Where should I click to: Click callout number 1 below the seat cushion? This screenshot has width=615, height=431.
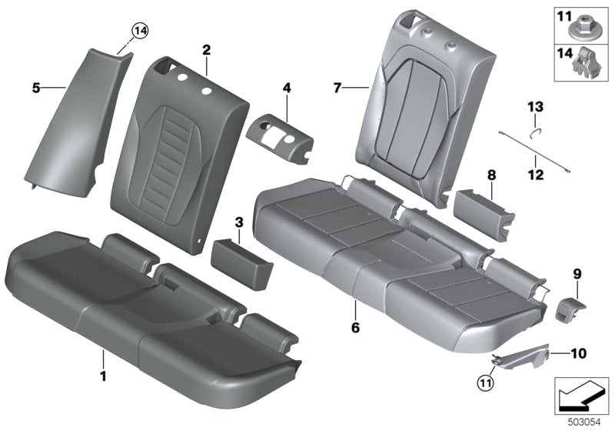pyautogui.click(x=101, y=355)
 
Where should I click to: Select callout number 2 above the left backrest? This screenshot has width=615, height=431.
pyautogui.click(x=206, y=49)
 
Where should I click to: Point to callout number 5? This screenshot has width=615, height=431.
pyautogui.click(x=35, y=89)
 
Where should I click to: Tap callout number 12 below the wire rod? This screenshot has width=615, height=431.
pyautogui.click(x=535, y=175)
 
